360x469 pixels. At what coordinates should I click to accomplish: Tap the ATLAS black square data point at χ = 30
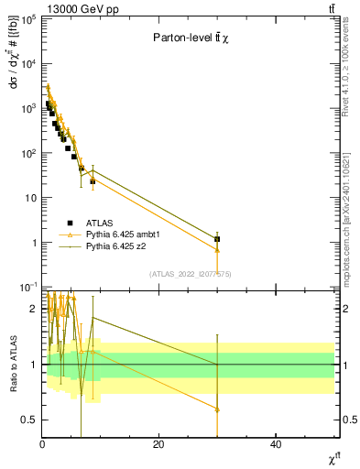coord(217,239)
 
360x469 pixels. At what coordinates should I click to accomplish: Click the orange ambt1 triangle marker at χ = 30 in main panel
coord(217,249)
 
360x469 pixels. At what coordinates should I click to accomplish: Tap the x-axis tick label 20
coord(158,444)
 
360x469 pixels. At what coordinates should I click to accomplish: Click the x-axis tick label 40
coord(276,444)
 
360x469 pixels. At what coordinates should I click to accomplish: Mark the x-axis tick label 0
coord(42,444)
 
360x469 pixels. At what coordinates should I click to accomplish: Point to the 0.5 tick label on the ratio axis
coord(27,420)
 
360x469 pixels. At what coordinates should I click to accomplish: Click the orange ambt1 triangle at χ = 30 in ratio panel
coord(217,409)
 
